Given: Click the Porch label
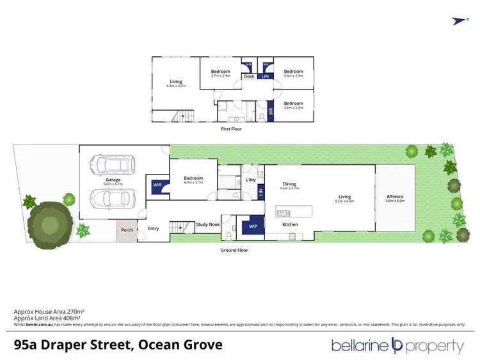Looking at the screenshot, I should point(125,230).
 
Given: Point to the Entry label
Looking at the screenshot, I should point(154,228).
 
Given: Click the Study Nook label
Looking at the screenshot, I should point(208,224).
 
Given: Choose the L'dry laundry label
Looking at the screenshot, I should point(251,180).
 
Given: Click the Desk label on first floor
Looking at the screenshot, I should point(249,77).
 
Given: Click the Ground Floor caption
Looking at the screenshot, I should point(236,250).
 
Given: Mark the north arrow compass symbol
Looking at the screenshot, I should point(457,20).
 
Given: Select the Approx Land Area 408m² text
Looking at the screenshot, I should point(47,318).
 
